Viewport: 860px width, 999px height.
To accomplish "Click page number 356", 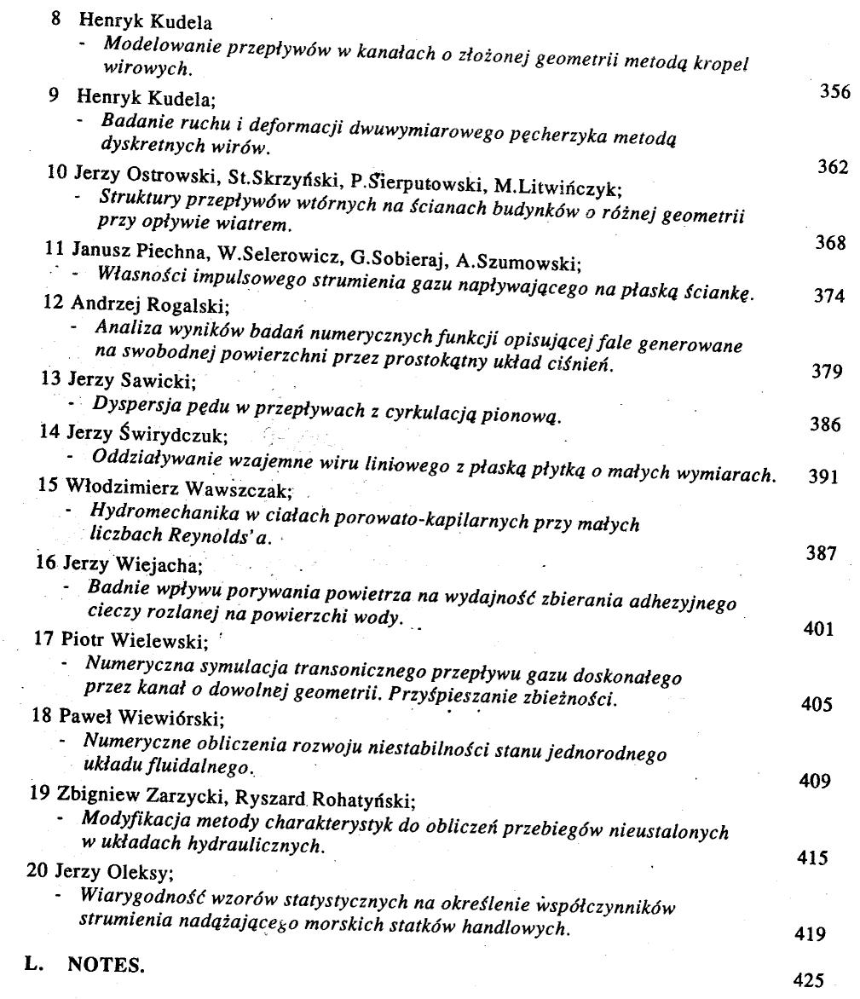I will (834, 93).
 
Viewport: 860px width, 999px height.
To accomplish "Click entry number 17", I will (41, 639).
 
